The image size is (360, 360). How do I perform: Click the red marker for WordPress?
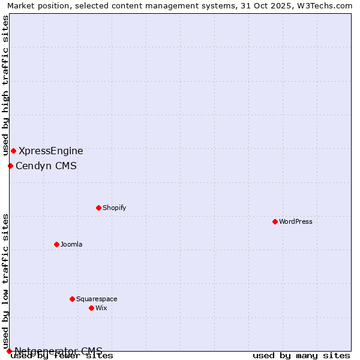tap(275, 221)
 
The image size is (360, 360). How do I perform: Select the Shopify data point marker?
tap(98, 208)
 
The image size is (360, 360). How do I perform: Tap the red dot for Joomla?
tap(56, 244)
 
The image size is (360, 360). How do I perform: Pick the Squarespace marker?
tap(72, 299)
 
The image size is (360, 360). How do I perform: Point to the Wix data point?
tap(91, 308)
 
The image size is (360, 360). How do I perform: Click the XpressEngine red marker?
tap(13, 151)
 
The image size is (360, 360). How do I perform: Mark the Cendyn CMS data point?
tap(10, 166)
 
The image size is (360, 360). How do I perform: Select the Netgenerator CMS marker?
tap(9, 351)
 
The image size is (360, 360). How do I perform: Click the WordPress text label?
tap(296, 221)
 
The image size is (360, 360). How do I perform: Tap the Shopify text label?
tap(114, 208)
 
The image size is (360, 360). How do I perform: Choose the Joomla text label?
tap(71, 244)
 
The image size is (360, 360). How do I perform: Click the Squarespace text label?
tap(97, 299)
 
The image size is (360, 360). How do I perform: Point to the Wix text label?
tap(101, 308)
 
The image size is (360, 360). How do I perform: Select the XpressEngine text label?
tap(51, 151)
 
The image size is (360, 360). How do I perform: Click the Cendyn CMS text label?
tap(46, 166)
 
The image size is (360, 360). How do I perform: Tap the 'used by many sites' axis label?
tap(301, 356)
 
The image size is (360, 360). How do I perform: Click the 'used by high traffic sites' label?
tap(5, 85)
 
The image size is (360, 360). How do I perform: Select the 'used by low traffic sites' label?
tap(5, 281)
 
